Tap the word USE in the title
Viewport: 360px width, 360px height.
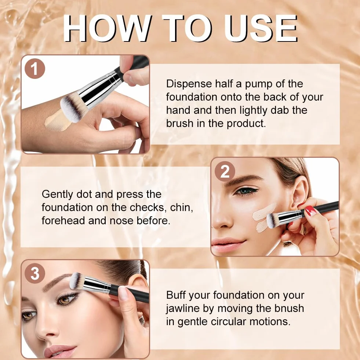261,28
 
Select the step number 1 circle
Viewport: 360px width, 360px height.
34,69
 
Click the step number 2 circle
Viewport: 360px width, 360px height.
225,171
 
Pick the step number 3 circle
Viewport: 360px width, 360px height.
34,273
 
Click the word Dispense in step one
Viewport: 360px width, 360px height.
189,84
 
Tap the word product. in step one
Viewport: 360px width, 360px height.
246,124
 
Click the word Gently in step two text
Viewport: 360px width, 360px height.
57,194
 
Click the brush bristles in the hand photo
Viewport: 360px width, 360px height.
73,108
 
